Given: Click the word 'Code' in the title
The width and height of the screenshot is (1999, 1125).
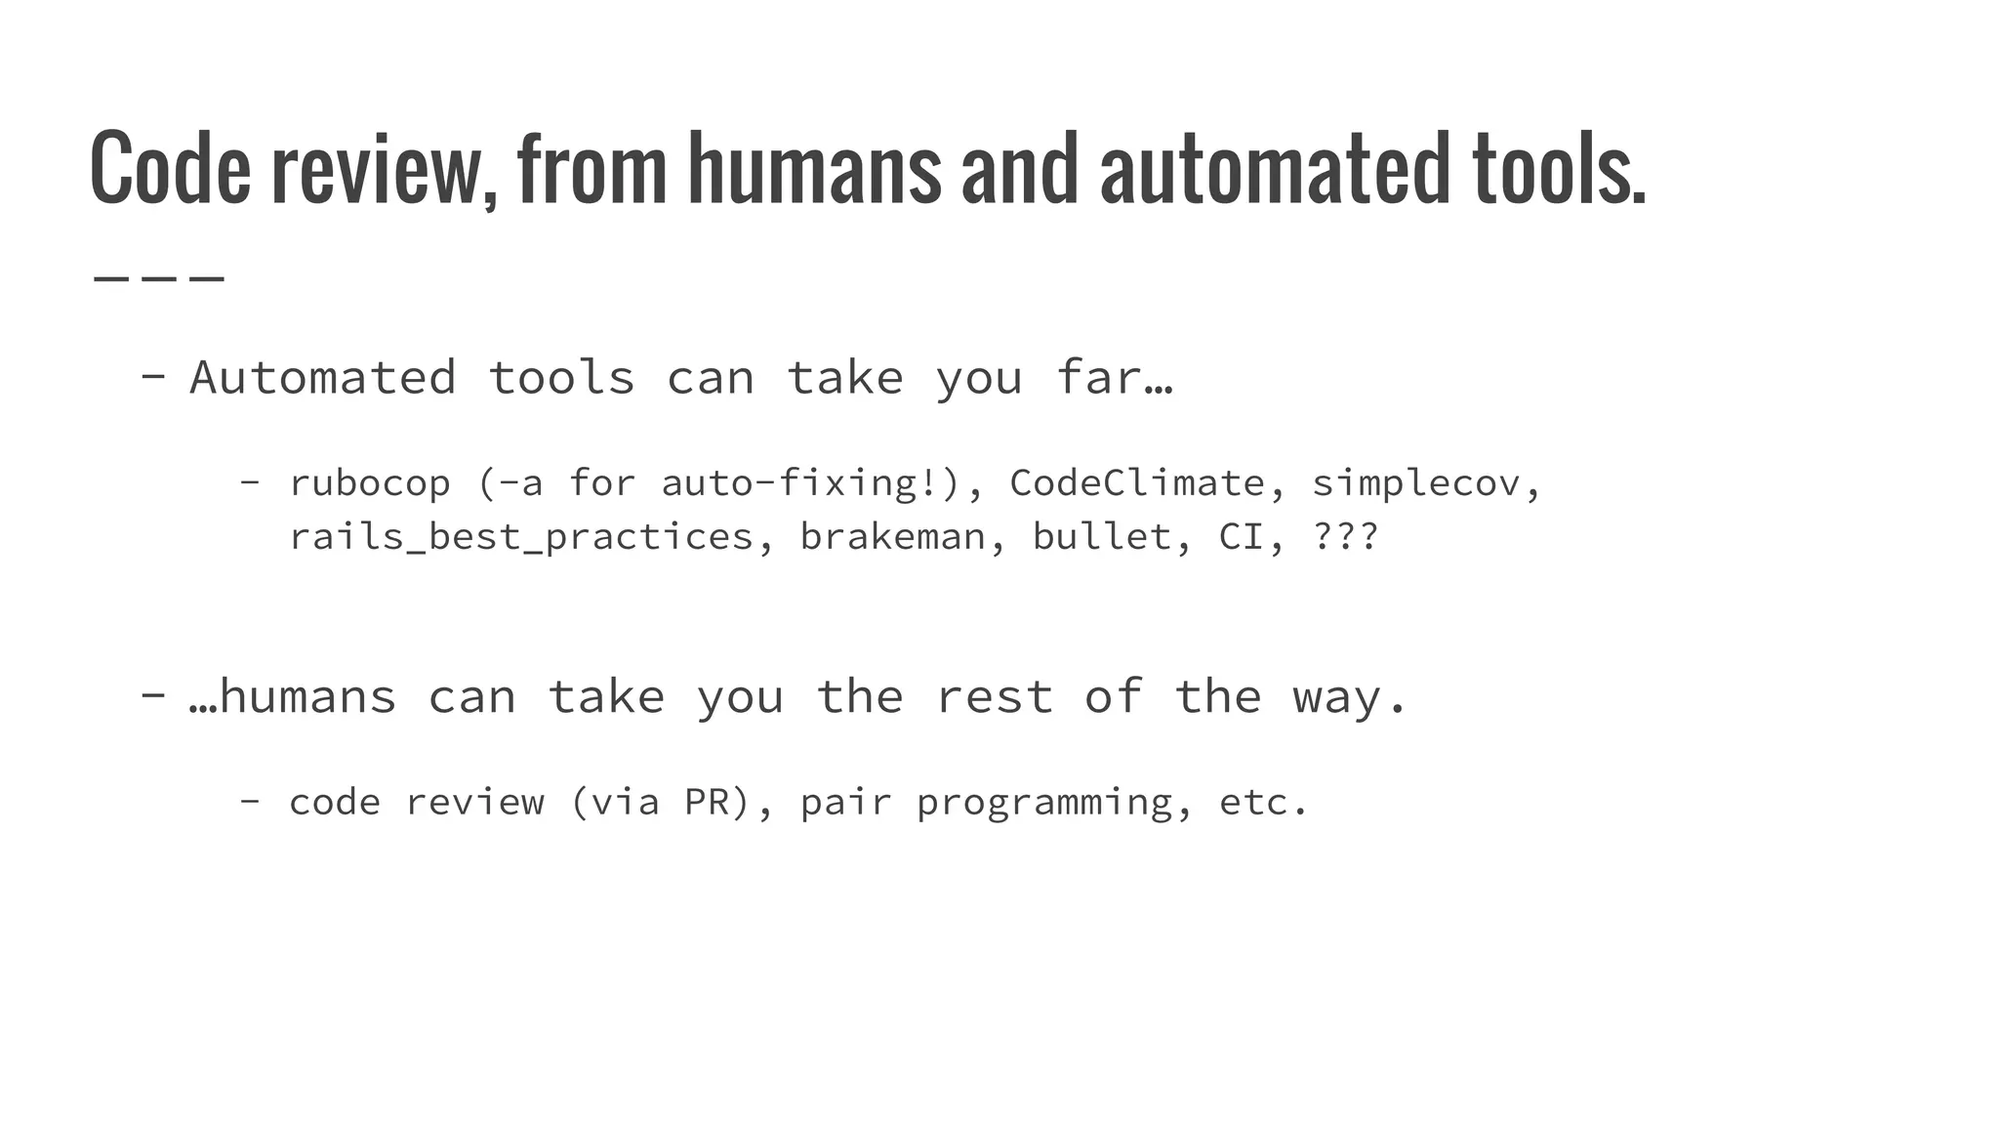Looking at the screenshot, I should [x=170, y=168].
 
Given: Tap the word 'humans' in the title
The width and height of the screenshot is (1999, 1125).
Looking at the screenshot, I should [x=814, y=168].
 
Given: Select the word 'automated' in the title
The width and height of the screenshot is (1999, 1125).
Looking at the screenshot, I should [x=1275, y=168].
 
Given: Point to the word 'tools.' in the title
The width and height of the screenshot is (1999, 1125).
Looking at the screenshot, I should [x=1559, y=168].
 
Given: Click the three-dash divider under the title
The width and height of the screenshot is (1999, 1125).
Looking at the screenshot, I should [x=159, y=279].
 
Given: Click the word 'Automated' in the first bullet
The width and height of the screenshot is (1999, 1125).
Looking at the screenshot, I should [x=322, y=378].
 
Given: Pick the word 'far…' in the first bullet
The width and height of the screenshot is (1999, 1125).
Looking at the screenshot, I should [x=1114, y=378].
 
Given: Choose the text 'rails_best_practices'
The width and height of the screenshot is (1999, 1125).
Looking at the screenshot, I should [x=521, y=537].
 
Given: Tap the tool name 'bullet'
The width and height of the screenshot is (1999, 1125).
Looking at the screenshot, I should [x=1103, y=537].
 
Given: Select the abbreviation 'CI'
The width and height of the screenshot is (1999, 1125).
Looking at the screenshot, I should [x=1242, y=537].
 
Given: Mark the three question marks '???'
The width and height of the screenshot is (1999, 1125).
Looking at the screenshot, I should [x=1346, y=537].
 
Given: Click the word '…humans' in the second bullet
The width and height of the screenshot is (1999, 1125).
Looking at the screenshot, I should [x=293, y=697].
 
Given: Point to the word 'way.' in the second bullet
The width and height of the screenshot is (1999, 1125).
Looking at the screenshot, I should [x=1350, y=697].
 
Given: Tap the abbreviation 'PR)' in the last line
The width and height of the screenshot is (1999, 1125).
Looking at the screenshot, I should [x=717, y=803].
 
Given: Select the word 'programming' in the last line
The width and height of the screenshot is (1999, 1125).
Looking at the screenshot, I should [x=1043, y=803].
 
